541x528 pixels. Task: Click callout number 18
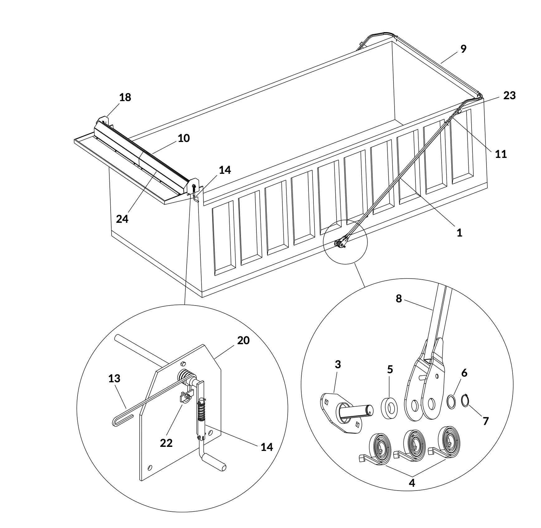(x=125, y=97)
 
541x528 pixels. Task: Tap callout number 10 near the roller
(x=184, y=138)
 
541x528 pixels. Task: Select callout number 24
(x=122, y=219)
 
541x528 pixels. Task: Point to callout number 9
(x=463, y=49)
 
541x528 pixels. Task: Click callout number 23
(x=510, y=95)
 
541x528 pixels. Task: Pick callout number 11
(x=501, y=154)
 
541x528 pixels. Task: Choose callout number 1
(x=459, y=232)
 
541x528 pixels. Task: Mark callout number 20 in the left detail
(x=243, y=340)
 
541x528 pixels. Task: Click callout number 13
(x=114, y=378)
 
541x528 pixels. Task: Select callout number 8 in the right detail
(x=399, y=299)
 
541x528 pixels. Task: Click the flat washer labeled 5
(x=389, y=408)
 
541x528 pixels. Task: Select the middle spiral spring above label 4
(x=414, y=443)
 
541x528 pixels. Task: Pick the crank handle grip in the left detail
(x=214, y=462)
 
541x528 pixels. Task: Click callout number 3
(x=338, y=364)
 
